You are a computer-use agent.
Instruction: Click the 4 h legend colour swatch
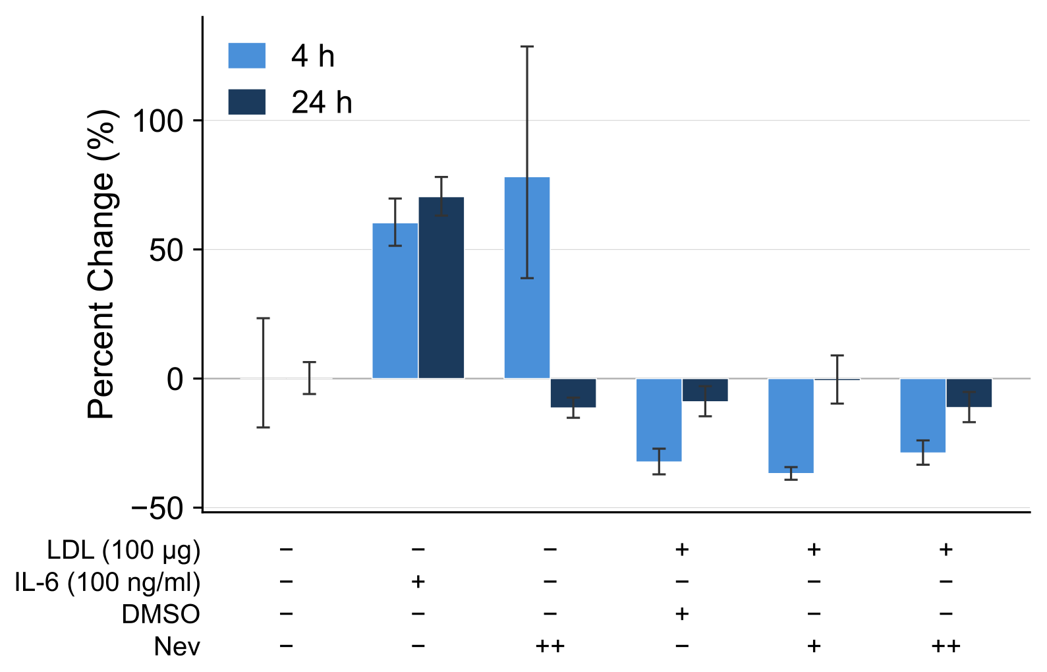[247, 55]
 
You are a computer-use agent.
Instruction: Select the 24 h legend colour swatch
[247, 102]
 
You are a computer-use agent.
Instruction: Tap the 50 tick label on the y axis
[166, 250]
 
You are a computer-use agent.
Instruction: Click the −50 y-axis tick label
[157, 509]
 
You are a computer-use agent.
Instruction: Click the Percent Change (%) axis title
[101, 264]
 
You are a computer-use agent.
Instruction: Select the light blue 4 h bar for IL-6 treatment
[395, 300]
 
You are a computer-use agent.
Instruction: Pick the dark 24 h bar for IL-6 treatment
[441, 287]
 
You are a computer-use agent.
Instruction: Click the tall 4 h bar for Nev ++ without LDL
[527, 277]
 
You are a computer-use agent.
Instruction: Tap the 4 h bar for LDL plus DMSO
[659, 420]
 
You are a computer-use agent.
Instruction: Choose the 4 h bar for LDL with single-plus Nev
[791, 426]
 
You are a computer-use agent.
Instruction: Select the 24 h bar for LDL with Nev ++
[969, 393]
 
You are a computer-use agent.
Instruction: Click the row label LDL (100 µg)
[123, 551]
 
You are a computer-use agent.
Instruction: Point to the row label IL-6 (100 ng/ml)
[107, 583]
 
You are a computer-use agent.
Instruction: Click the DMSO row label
[161, 615]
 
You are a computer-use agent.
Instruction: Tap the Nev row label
[177, 647]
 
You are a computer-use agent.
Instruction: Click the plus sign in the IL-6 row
[418, 582]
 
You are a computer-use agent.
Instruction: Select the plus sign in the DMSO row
[682, 613]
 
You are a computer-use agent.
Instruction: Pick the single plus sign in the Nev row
[814, 646]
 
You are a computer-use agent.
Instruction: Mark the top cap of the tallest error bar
[527, 47]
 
